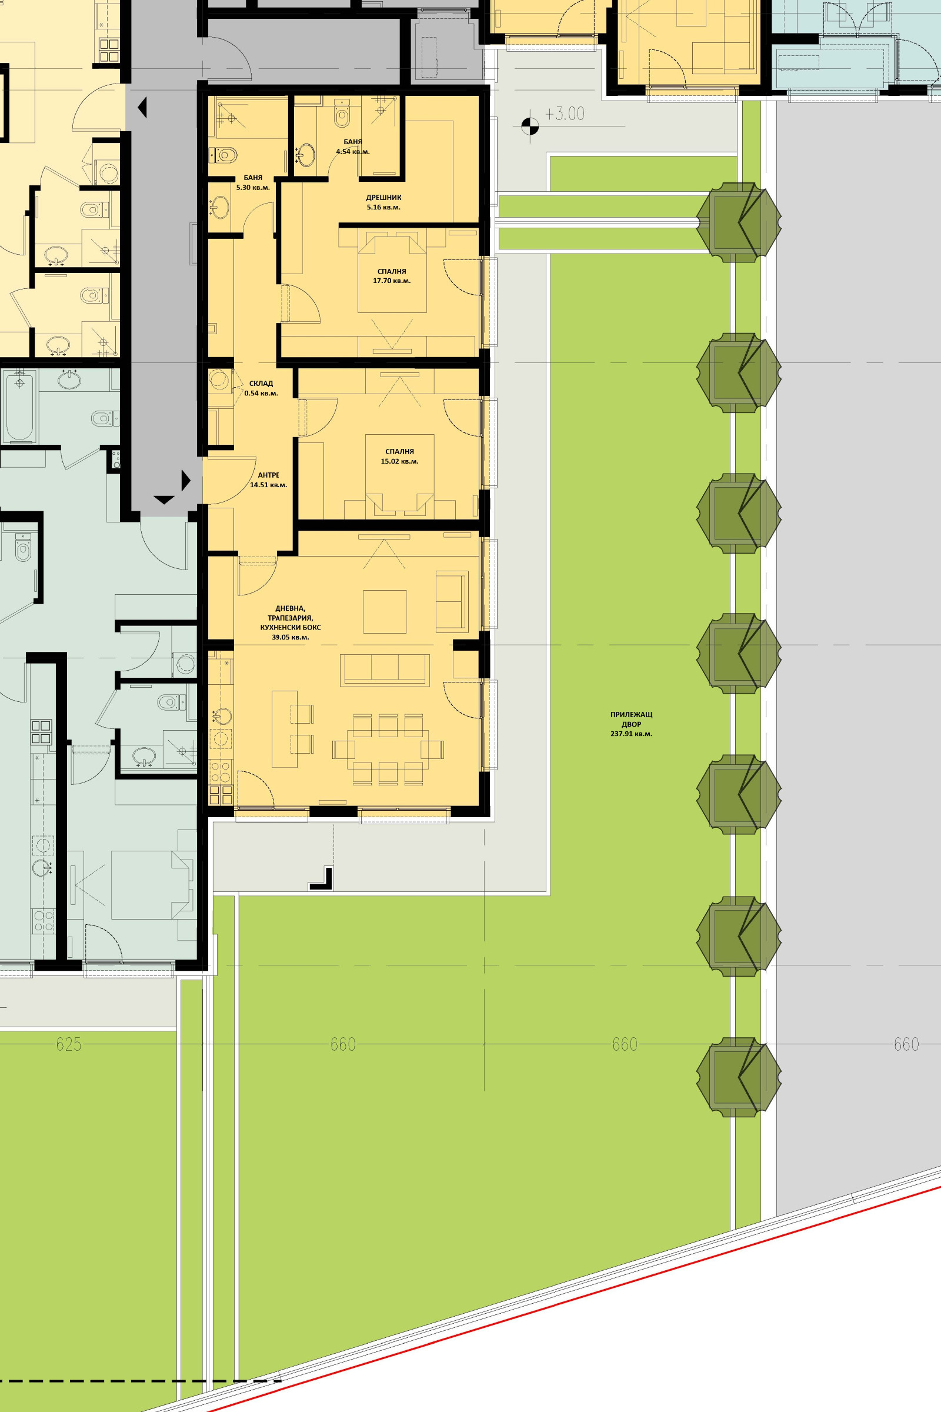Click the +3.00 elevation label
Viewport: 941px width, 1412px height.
pos(564,114)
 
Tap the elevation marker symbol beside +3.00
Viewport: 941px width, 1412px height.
pos(530,126)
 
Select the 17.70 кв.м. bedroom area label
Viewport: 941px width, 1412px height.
pos(392,281)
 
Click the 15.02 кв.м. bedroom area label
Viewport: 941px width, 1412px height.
pos(400,461)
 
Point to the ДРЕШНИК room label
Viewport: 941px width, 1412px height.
pos(383,198)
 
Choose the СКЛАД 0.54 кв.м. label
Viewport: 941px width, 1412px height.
pos(261,388)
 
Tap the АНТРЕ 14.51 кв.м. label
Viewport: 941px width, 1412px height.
pos(268,479)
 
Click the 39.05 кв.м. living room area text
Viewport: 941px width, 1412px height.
pos(291,637)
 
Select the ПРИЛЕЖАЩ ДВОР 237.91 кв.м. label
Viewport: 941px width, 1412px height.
pos(631,724)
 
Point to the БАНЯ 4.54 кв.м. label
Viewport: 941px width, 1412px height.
pos(353,146)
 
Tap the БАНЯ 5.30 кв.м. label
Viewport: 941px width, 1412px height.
pos(253,182)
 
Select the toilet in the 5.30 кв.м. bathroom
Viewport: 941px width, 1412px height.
pos(223,156)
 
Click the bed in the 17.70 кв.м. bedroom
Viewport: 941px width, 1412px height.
pos(392,274)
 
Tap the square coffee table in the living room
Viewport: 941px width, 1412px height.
pos(385,611)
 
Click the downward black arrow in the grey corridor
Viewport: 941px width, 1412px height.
pos(164,499)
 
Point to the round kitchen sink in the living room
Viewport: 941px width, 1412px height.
pos(223,717)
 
